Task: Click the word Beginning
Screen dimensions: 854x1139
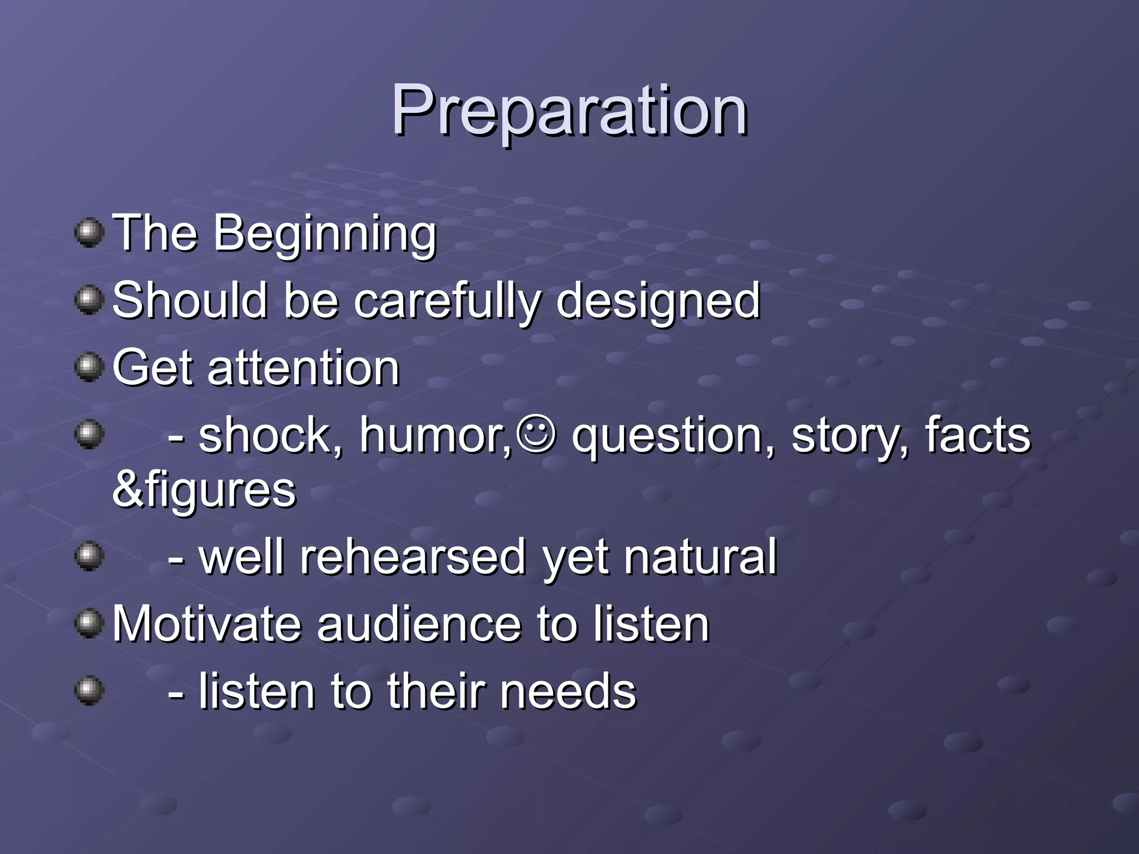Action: [325, 234]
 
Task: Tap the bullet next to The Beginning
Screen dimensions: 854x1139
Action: [89, 232]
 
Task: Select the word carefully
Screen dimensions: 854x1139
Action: [447, 301]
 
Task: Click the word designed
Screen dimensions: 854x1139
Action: [657, 301]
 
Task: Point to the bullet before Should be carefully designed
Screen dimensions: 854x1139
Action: [89, 300]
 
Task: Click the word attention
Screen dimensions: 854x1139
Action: [304, 368]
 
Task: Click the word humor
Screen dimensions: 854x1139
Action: [434, 436]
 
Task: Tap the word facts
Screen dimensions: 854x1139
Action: [977, 436]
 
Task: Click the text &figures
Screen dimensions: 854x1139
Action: [204, 490]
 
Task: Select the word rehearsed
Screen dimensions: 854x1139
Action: [413, 558]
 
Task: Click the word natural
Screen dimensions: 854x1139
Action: [700, 558]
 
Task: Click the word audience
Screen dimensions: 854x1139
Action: [420, 624]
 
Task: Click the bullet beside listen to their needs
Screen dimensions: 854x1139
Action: [89, 691]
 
